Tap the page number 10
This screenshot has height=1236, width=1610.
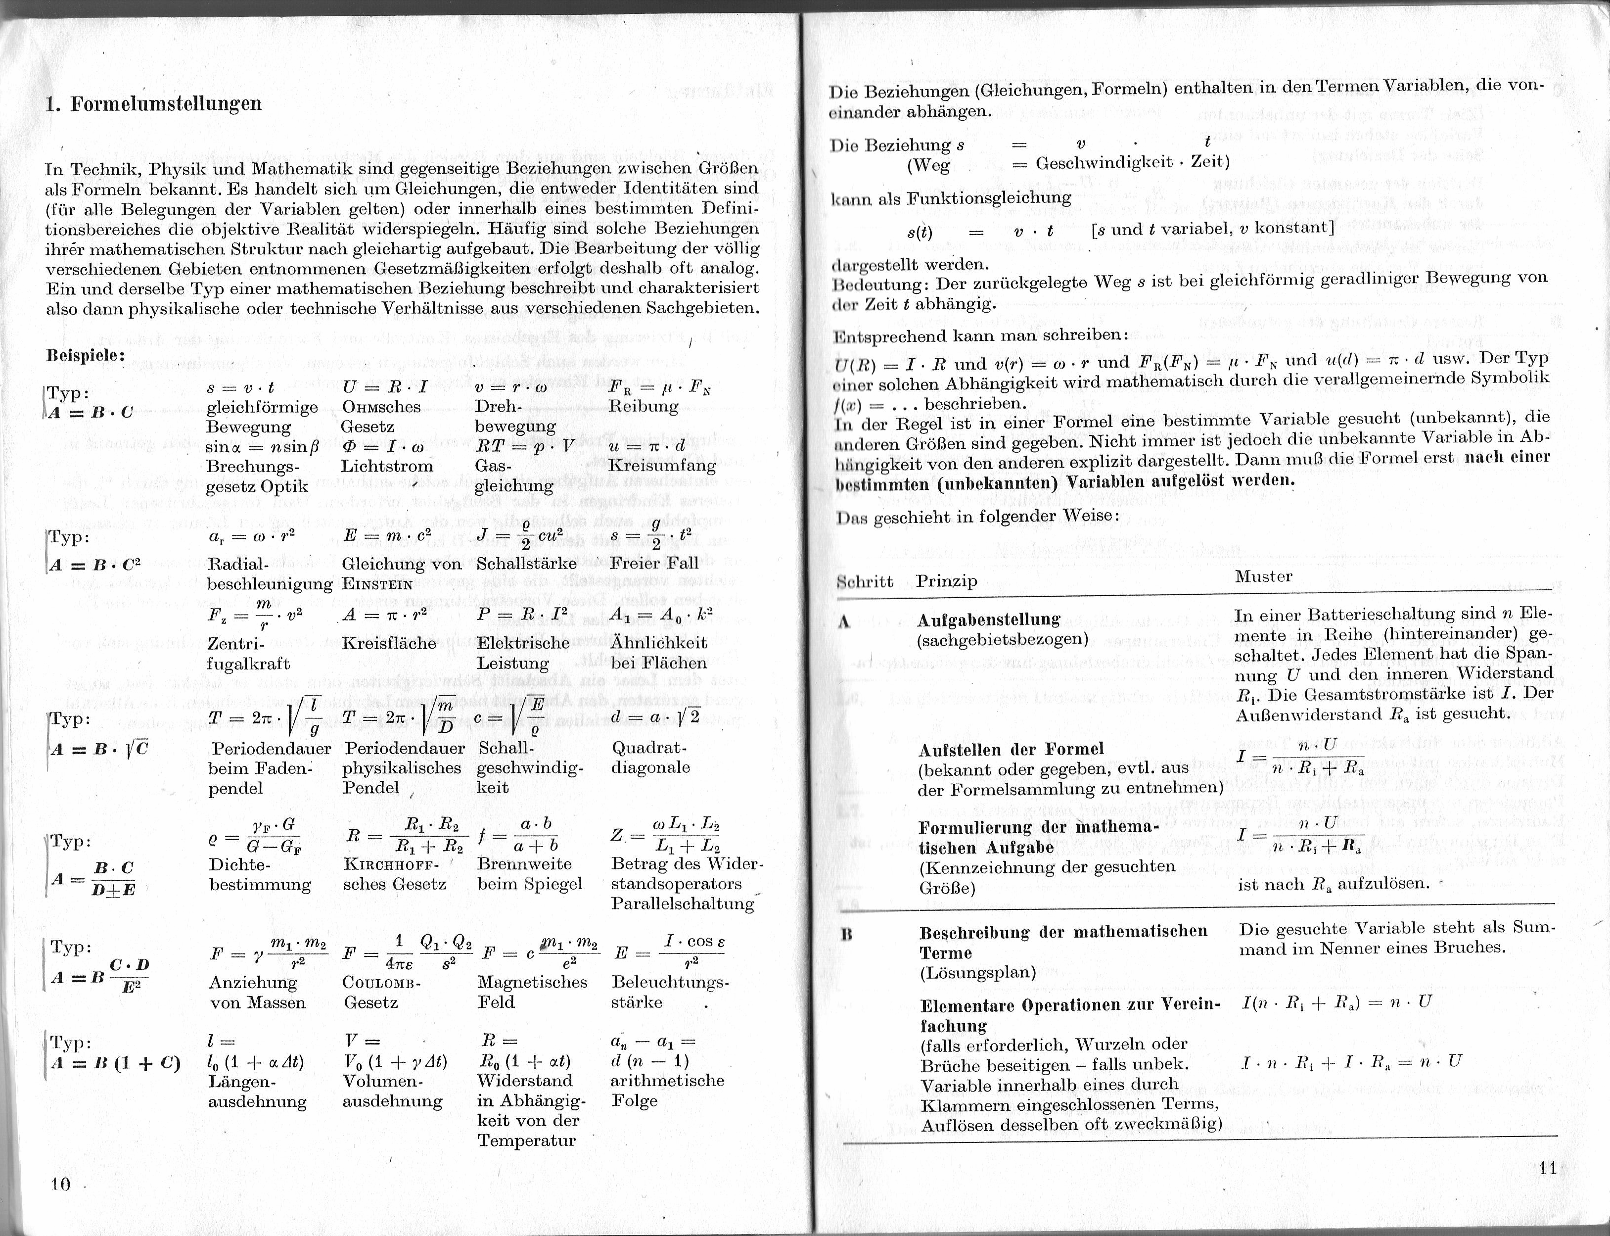point(60,1184)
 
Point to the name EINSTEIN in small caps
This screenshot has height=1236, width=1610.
point(377,585)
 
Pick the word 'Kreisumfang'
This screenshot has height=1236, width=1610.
point(662,466)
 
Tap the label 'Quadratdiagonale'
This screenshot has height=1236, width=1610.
point(650,758)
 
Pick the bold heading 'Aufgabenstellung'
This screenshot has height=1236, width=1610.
point(989,619)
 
